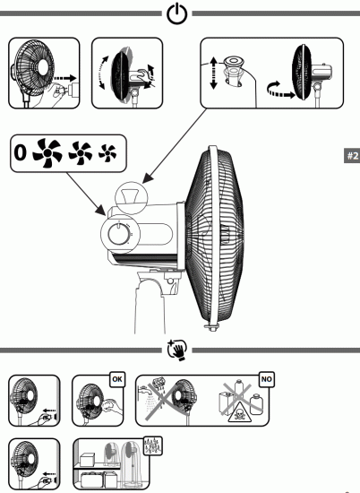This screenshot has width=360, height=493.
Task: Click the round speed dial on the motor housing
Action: click(117, 237)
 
